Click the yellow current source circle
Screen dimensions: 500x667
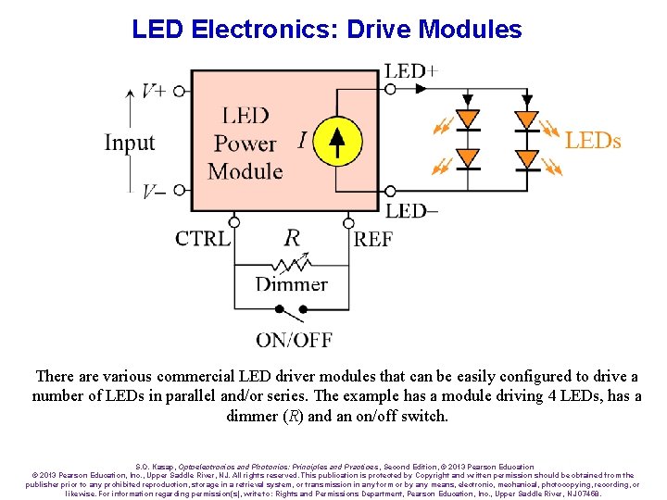click(x=337, y=141)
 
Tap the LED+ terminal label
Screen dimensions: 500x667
click(x=411, y=70)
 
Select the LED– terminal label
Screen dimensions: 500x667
click(x=412, y=211)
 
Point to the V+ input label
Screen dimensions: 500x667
click(x=154, y=90)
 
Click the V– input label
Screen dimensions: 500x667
click(x=154, y=192)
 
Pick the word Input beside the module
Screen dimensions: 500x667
click(x=129, y=143)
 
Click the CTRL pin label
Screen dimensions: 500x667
click(x=202, y=238)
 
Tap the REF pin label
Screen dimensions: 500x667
click(x=373, y=239)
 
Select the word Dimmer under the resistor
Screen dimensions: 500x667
click(x=291, y=284)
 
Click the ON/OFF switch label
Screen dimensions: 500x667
click(x=294, y=340)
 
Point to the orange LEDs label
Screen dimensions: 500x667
click(x=593, y=141)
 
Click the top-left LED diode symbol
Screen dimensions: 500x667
click(x=469, y=119)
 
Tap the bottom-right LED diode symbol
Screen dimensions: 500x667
click(x=527, y=158)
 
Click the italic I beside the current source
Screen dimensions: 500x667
click(x=302, y=140)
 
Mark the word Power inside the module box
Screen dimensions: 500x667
click(x=245, y=144)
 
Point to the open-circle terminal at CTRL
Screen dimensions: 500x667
click(x=234, y=223)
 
